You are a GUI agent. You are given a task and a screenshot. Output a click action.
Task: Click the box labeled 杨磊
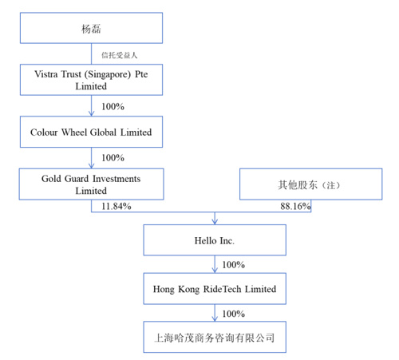(x=91, y=28)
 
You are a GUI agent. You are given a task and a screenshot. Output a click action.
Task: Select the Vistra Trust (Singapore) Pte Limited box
(x=91, y=80)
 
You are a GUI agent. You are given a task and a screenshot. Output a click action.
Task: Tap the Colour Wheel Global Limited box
(x=91, y=132)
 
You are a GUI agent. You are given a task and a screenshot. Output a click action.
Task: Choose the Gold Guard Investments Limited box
(x=91, y=184)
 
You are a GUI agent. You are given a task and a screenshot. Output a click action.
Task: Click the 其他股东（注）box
(x=311, y=184)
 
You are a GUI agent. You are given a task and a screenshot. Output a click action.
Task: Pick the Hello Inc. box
(x=215, y=240)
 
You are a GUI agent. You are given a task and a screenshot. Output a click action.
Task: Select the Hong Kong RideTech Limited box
(x=215, y=289)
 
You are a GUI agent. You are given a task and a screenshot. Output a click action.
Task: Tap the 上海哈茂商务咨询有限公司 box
(x=215, y=337)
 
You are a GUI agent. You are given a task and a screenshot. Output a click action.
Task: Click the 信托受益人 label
(x=119, y=55)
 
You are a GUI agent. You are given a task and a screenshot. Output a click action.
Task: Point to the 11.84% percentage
(x=117, y=206)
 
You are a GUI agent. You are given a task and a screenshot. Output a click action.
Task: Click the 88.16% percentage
(x=295, y=206)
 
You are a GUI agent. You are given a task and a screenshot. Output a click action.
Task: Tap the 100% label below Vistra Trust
(x=113, y=107)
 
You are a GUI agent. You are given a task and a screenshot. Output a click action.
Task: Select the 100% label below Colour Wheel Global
(x=113, y=158)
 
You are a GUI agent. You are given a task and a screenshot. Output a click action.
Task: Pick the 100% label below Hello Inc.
(x=234, y=265)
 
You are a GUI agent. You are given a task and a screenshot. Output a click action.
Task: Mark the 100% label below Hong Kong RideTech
(x=234, y=314)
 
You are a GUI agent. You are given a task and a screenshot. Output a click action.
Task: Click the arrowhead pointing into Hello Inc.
(x=215, y=221)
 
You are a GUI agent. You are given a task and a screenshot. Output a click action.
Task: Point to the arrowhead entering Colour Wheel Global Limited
(x=91, y=113)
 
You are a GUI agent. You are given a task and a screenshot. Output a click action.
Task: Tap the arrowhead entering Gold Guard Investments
(x=91, y=165)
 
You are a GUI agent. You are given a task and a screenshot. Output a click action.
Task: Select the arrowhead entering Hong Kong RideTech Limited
(x=215, y=270)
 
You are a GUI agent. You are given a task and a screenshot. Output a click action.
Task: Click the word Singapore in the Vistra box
(x=108, y=74)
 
